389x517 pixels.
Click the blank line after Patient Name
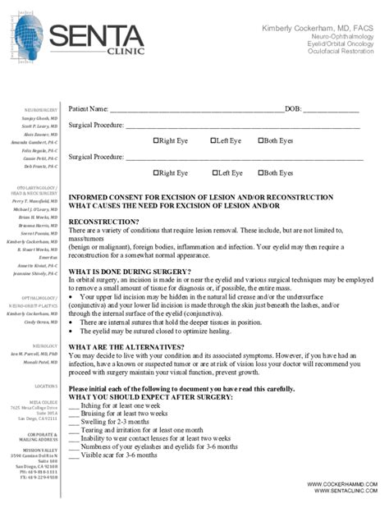point(197,109)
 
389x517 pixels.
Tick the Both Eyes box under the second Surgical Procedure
point(261,173)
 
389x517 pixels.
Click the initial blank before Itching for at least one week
point(74,405)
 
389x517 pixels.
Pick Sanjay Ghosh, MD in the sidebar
point(39,118)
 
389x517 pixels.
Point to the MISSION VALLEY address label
point(40,450)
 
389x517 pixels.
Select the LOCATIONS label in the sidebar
point(46,385)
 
